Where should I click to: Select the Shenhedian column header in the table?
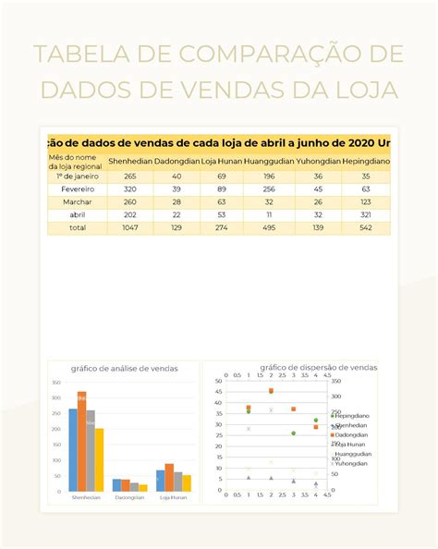point(129,161)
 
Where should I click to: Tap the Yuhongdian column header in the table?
point(318,161)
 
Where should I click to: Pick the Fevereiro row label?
point(78,189)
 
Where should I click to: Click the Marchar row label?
point(78,201)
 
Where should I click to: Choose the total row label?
point(78,226)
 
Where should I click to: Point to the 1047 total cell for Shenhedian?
point(129,226)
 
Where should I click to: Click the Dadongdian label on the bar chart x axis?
point(129,497)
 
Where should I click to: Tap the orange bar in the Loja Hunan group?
point(169,477)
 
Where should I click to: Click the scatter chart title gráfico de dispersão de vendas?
point(318,367)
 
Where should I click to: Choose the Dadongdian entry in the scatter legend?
point(351,434)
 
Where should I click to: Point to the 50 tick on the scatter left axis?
point(218,380)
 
